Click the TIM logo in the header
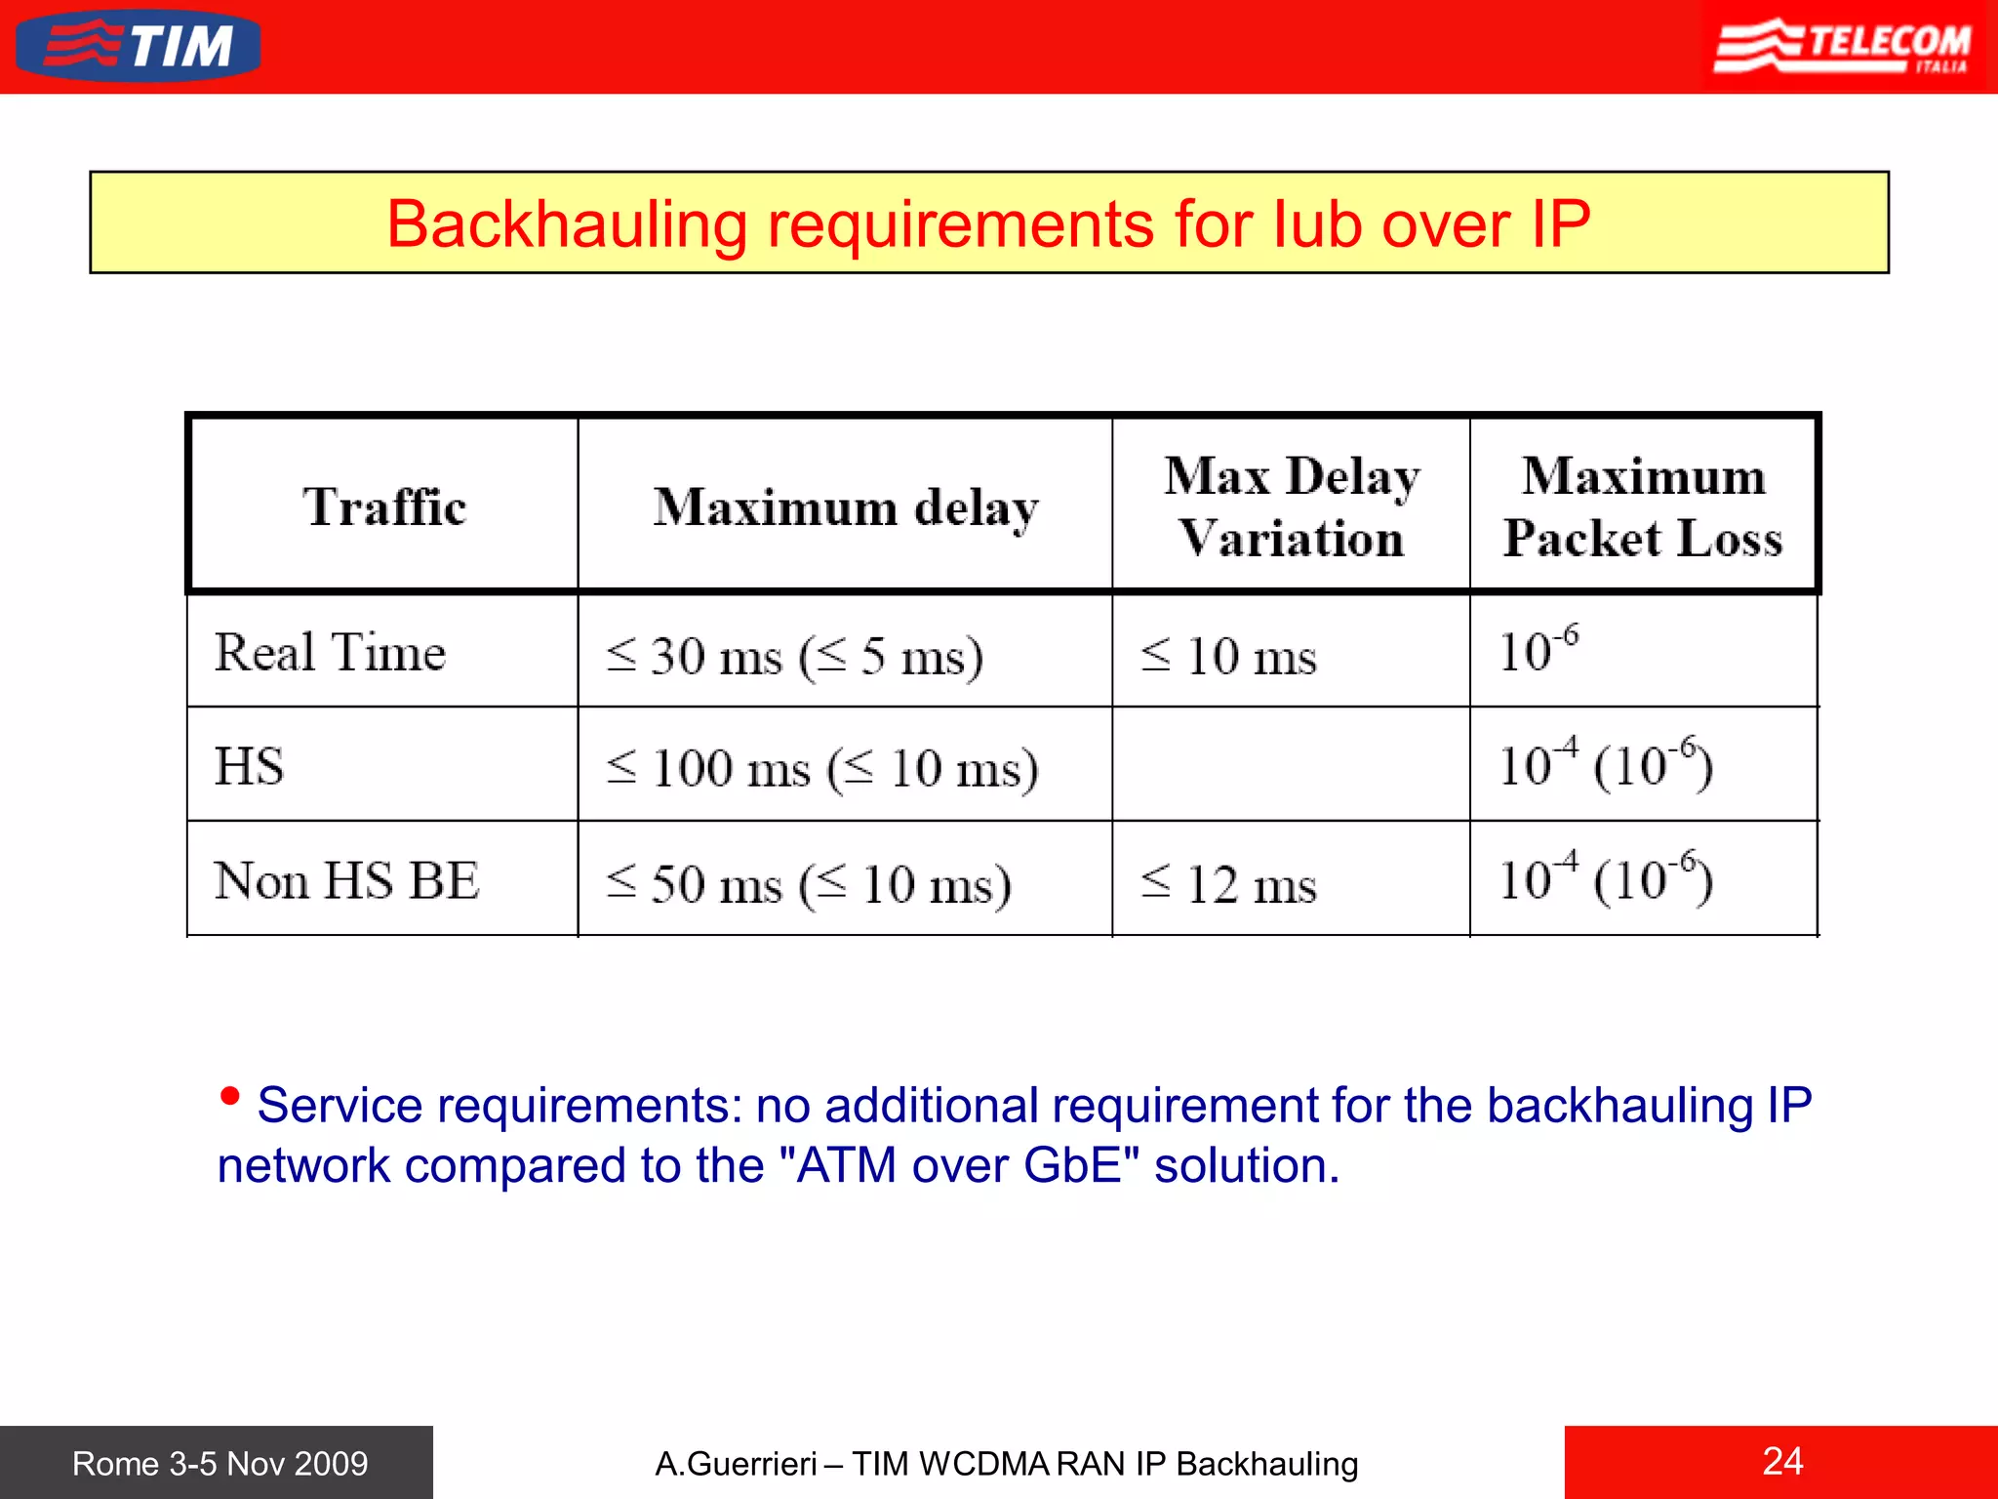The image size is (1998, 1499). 139,46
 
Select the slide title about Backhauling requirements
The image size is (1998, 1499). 988,223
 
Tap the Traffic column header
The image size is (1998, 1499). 383,506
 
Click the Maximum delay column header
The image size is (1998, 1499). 845,506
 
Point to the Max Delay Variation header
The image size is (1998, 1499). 1291,506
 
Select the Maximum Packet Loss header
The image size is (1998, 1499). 1643,506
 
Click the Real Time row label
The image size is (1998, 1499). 330,652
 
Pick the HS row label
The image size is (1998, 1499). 250,765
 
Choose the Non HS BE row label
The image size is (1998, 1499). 346,880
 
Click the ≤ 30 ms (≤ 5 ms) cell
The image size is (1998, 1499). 794,655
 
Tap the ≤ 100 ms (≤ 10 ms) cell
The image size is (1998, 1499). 821,768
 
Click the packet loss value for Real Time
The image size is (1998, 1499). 1538,650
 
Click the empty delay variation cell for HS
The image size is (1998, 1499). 1290,764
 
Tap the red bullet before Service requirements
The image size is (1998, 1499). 230,1096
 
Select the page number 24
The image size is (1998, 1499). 1782,1461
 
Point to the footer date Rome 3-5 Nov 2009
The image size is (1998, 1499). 220,1463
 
